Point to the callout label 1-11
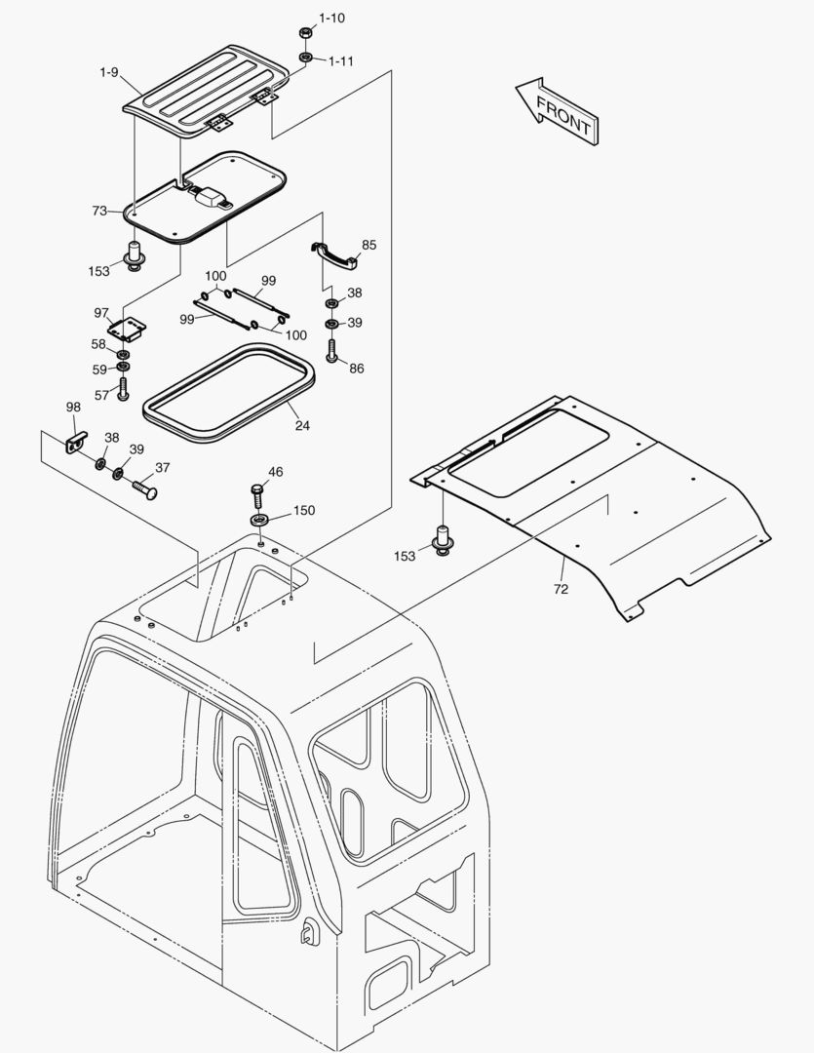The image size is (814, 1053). (x=340, y=61)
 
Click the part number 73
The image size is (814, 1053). (x=99, y=211)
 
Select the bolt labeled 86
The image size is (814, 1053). (x=331, y=349)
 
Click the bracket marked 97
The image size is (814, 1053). (x=128, y=329)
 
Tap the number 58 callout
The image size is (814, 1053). (x=98, y=344)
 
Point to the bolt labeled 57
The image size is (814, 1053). (x=123, y=390)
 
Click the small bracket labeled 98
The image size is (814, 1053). (x=76, y=440)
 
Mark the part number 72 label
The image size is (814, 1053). (x=562, y=589)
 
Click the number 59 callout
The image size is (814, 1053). (x=98, y=370)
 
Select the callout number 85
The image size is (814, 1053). (x=368, y=245)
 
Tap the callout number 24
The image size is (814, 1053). (x=303, y=424)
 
